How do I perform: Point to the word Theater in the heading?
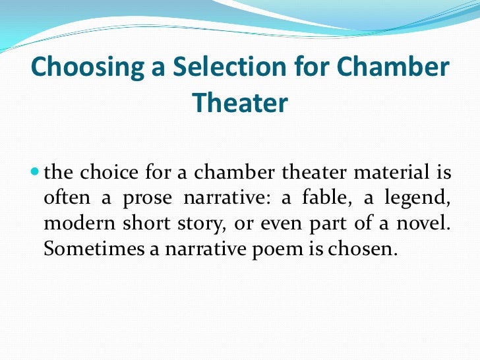click(240, 102)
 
